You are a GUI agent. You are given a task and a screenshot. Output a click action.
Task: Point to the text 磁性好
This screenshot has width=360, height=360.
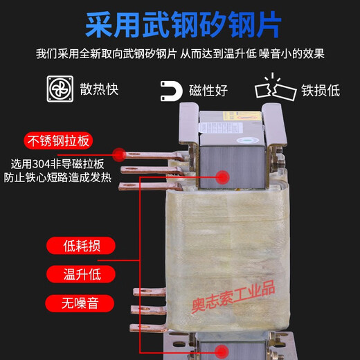click(x=208, y=91)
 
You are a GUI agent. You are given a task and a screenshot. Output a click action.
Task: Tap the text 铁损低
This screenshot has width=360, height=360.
click(x=320, y=91)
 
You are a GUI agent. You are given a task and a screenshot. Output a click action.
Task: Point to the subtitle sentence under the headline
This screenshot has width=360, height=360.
click(x=180, y=53)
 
